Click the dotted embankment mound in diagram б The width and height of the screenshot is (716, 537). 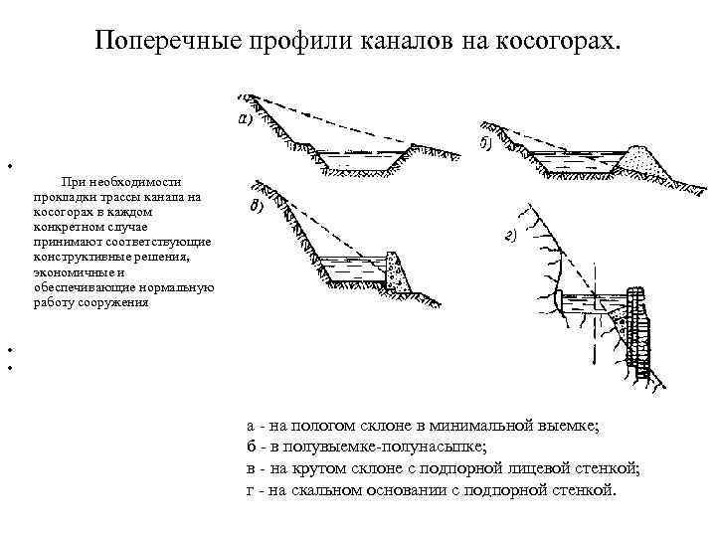click(636, 157)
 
